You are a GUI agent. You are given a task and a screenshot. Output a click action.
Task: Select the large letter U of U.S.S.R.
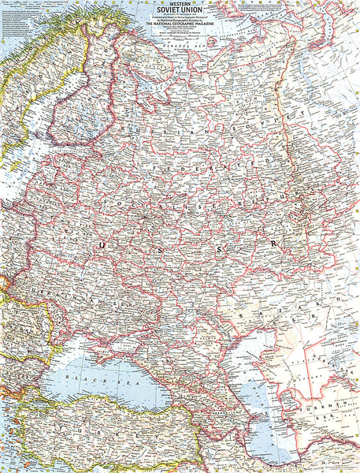click(x=100, y=247)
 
